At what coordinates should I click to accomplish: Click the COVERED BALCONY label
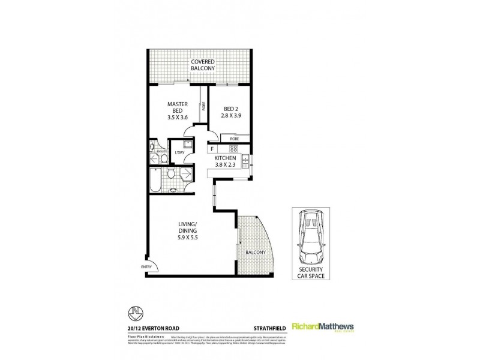point(200,65)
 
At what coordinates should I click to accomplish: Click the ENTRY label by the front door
point(146,267)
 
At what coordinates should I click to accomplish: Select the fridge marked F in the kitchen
point(212,148)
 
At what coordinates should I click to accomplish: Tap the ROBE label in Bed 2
point(234,138)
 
